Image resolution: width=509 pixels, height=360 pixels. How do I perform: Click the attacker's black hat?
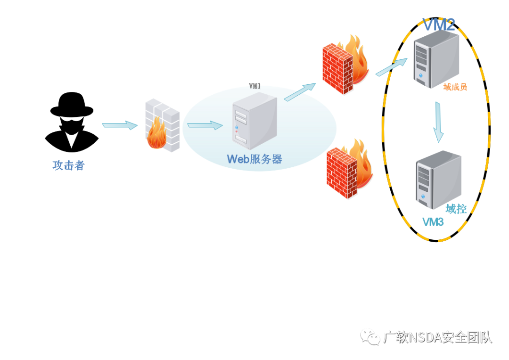click(72, 105)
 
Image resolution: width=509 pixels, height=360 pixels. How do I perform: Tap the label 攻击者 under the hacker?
click(68, 165)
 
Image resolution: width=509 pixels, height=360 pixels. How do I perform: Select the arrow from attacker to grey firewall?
click(120, 125)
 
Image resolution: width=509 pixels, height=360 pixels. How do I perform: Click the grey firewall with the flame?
click(162, 125)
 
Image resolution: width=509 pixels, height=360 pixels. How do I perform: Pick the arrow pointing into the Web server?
click(205, 125)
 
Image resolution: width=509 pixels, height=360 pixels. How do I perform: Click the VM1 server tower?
click(255, 121)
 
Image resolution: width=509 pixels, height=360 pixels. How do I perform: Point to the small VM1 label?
click(255, 86)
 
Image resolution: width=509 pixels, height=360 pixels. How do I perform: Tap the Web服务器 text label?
click(254, 159)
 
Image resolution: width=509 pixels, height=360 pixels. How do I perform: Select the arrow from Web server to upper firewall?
click(300, 92)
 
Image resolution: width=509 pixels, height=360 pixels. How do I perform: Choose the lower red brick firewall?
click(349, 169)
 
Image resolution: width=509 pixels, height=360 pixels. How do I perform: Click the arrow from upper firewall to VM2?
click(392, 67)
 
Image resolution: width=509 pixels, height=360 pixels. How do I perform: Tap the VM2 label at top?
click(439, 25)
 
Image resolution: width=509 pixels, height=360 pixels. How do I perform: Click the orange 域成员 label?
click(455, 87)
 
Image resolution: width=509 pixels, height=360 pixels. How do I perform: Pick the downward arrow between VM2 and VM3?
click(438, 122)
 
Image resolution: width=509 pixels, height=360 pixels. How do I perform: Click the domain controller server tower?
click(439, 180)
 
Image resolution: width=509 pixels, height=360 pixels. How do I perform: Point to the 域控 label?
click(456, 209)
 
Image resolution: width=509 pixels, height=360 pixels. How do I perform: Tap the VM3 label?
click(433, 222)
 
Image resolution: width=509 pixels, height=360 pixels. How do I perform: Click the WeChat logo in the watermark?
click(370, 337)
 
